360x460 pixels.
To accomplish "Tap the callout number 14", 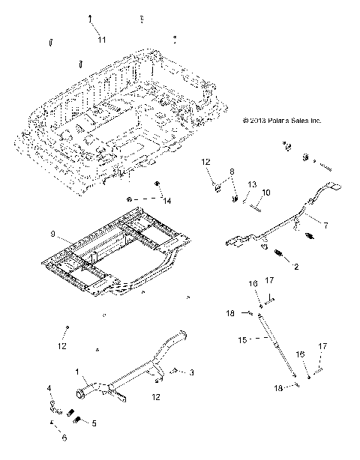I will pos(166,201).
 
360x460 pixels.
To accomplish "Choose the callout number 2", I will pos(296,266).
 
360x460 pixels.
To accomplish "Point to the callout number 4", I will pos(50,388).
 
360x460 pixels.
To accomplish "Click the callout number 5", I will pos(94,423).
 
